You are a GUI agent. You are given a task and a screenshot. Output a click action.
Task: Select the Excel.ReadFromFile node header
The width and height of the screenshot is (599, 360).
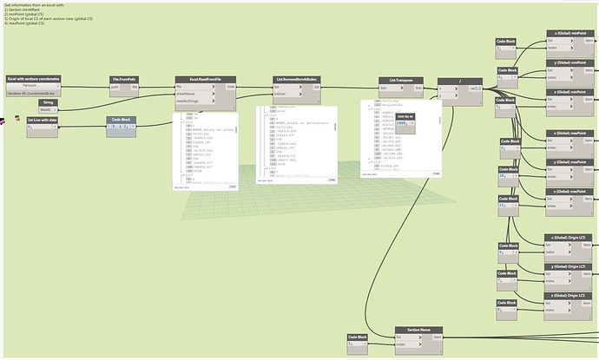coord(206,79)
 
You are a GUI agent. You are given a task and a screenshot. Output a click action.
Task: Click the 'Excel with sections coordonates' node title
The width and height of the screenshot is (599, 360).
coord(34,79)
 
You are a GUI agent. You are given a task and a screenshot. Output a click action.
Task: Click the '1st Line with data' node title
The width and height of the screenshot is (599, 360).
coord(43,120)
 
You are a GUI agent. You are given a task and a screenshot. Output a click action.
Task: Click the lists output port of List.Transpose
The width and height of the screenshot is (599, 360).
coord(419,87)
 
